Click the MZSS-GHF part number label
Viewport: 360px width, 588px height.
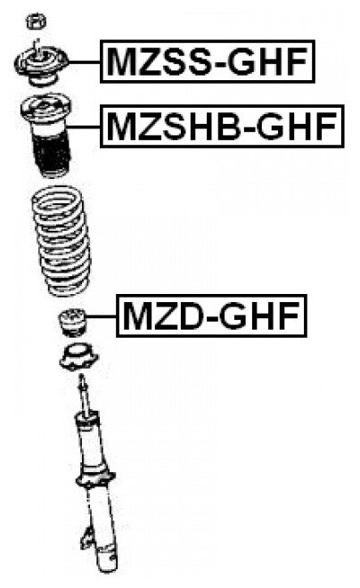(208, 61)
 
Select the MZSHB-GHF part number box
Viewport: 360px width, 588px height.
(222, 127)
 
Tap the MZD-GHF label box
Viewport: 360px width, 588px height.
(211, 315)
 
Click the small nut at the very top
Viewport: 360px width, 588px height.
(36, 21)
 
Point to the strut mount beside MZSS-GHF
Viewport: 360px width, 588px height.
(41, 64)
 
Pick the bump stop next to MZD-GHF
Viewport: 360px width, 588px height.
(72, 323)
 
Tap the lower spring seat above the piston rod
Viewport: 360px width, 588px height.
(78, 357)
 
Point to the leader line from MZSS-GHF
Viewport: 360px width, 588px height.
(85, 61)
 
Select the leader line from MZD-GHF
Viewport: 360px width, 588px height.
(102, 317)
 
